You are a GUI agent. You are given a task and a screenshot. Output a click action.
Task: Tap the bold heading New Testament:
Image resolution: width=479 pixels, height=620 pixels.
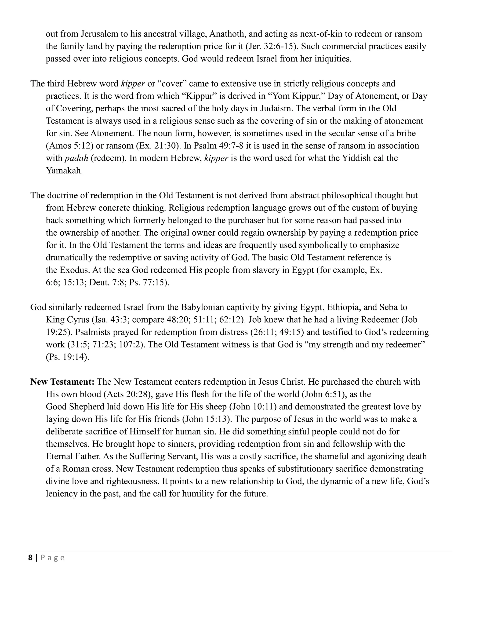(x=62, y=382)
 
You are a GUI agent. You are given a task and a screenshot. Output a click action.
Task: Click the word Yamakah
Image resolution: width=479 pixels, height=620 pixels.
(x=64, y=171)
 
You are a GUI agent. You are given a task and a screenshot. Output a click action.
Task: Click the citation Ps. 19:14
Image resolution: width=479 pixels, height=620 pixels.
(x=67, y=357)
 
